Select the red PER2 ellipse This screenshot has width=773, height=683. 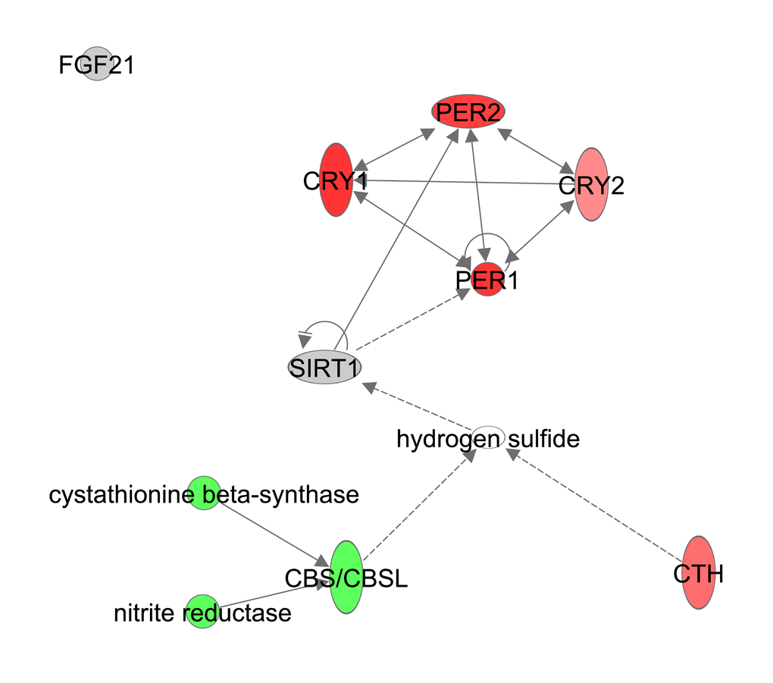tap(468, 113)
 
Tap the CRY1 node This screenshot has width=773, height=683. tap(336, 180)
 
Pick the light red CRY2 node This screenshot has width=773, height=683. tap(592, 184)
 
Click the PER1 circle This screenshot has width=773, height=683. tap(487, 280)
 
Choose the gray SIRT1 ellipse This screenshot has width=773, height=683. tap(324, 368)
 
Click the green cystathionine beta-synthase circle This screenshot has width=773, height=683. tap(203, 494)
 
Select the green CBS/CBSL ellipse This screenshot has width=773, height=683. tap(347, 578)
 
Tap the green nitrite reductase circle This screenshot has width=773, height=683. tap(202, 611)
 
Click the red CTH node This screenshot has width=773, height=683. tap(699, 573)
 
